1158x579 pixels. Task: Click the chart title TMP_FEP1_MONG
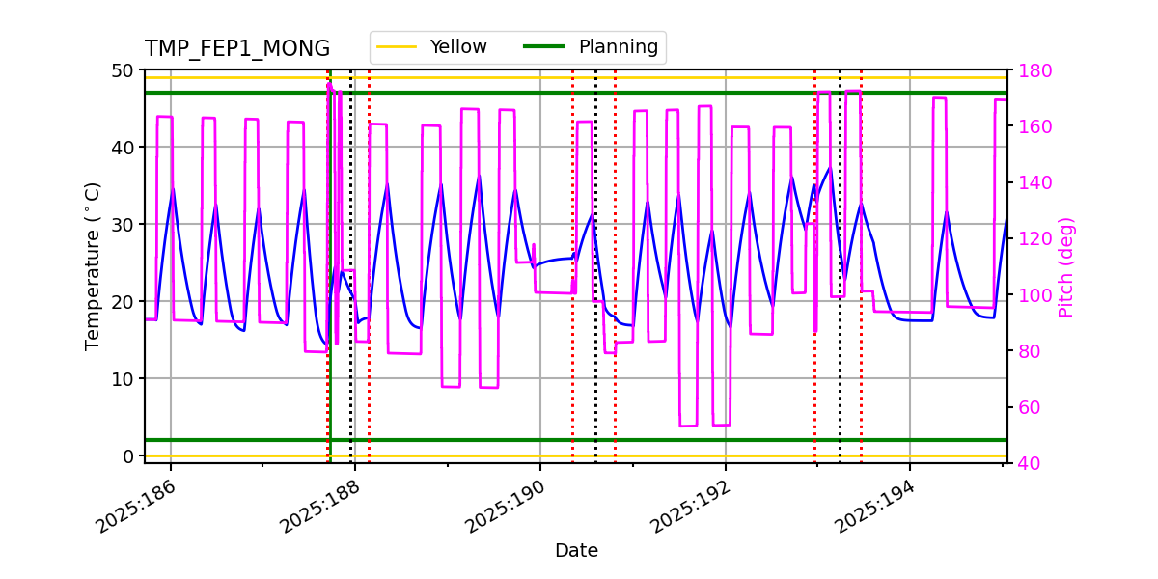[236, 49]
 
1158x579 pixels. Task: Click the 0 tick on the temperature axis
[129, 456]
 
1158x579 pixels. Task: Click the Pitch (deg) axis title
[1066, 267]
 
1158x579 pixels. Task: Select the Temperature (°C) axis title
[93, 265]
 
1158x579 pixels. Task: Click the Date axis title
[576, 551]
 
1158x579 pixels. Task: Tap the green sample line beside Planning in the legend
[543, 46]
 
